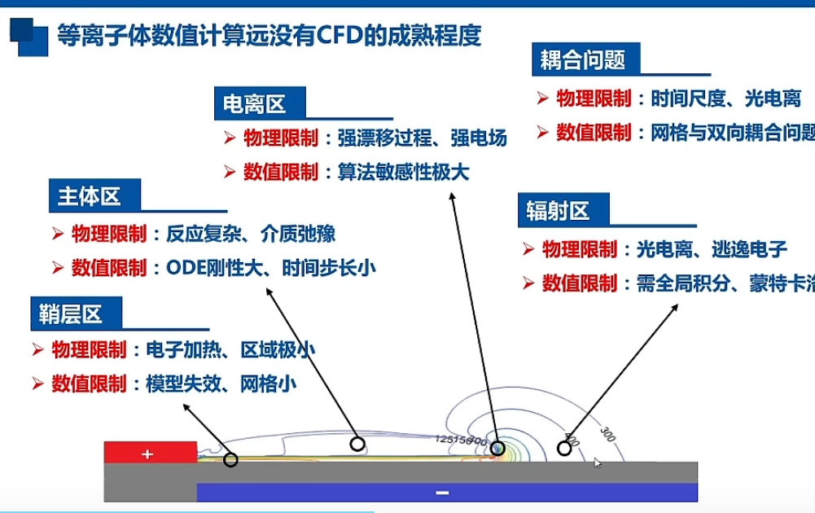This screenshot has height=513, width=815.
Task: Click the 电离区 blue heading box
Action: coord(254,103)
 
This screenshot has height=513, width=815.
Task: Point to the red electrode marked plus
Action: coord(150,453)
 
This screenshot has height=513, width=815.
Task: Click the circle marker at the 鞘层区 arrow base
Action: coord(230,460)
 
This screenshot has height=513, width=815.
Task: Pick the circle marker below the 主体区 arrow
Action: coord(356,443)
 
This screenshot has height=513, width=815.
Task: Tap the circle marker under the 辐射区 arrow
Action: coord(563,447)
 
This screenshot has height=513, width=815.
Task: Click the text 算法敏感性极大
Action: coord(404,173)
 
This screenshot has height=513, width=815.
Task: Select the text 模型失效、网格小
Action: coord(221,384)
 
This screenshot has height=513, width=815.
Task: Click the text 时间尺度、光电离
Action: coord(725,99)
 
